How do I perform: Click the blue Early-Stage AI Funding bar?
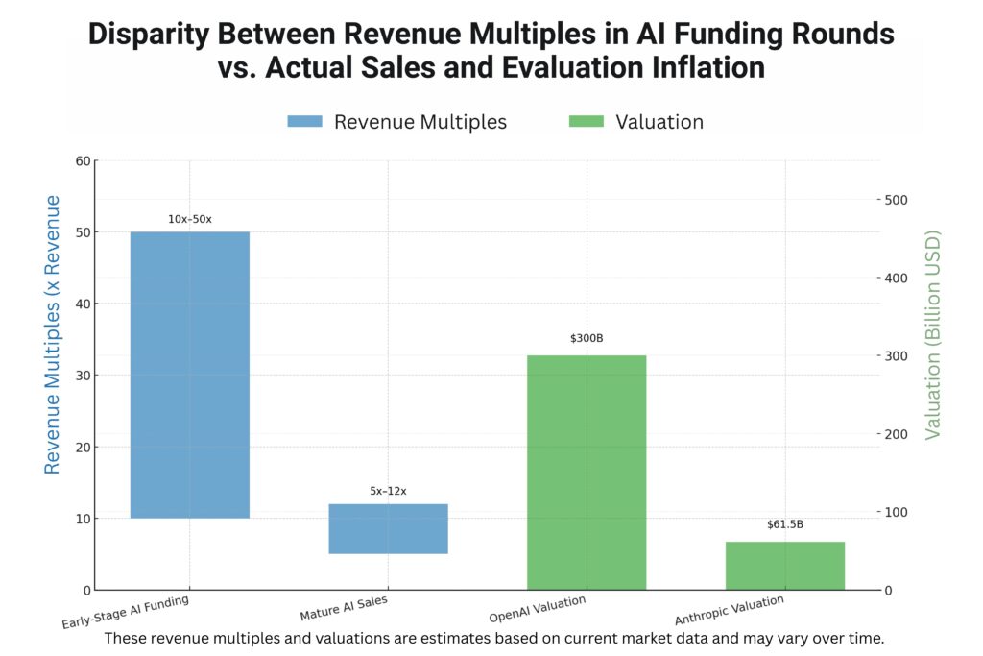pos(189,375)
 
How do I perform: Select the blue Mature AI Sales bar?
pos(388,528)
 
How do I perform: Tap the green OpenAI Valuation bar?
pos(587,472)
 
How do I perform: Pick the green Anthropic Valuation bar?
pos(785,565)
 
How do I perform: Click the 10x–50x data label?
pos(189,219)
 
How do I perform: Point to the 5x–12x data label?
pos(388,491)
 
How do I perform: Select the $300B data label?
pos(587,338)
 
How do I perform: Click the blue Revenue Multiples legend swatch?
pos(305,122)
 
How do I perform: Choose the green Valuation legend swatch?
pos(587,122)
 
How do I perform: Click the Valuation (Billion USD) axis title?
pos(932,334)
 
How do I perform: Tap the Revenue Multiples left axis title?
pos(53,334)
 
